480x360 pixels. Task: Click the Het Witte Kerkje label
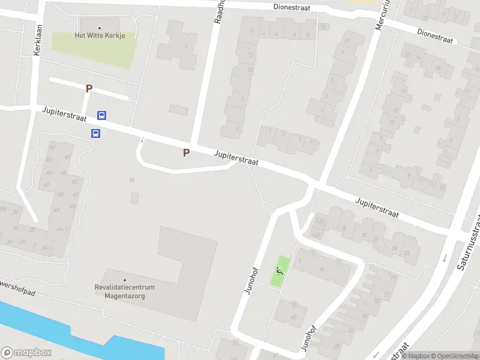pyautogui.click(x=100, y=35)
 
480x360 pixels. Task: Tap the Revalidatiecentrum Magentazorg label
pyautogui.click(x=125, y=291)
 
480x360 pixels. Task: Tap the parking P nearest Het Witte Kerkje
pyautogui.click(x=89, y=88)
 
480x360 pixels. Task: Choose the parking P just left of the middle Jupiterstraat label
pyautogui.click(x=186, y=152)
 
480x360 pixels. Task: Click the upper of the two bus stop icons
pyautogui.click(x=101, y=116)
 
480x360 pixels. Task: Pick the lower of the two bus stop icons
pyautogui.click(x=95, y=133)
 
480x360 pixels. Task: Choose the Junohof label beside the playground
pyautogui.click(x=250, y=281)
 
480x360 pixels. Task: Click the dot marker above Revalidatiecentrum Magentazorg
pyautogui.click(x=125, y=280)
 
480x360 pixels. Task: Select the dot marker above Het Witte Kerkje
pyautogui.click(x=100, y=27)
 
